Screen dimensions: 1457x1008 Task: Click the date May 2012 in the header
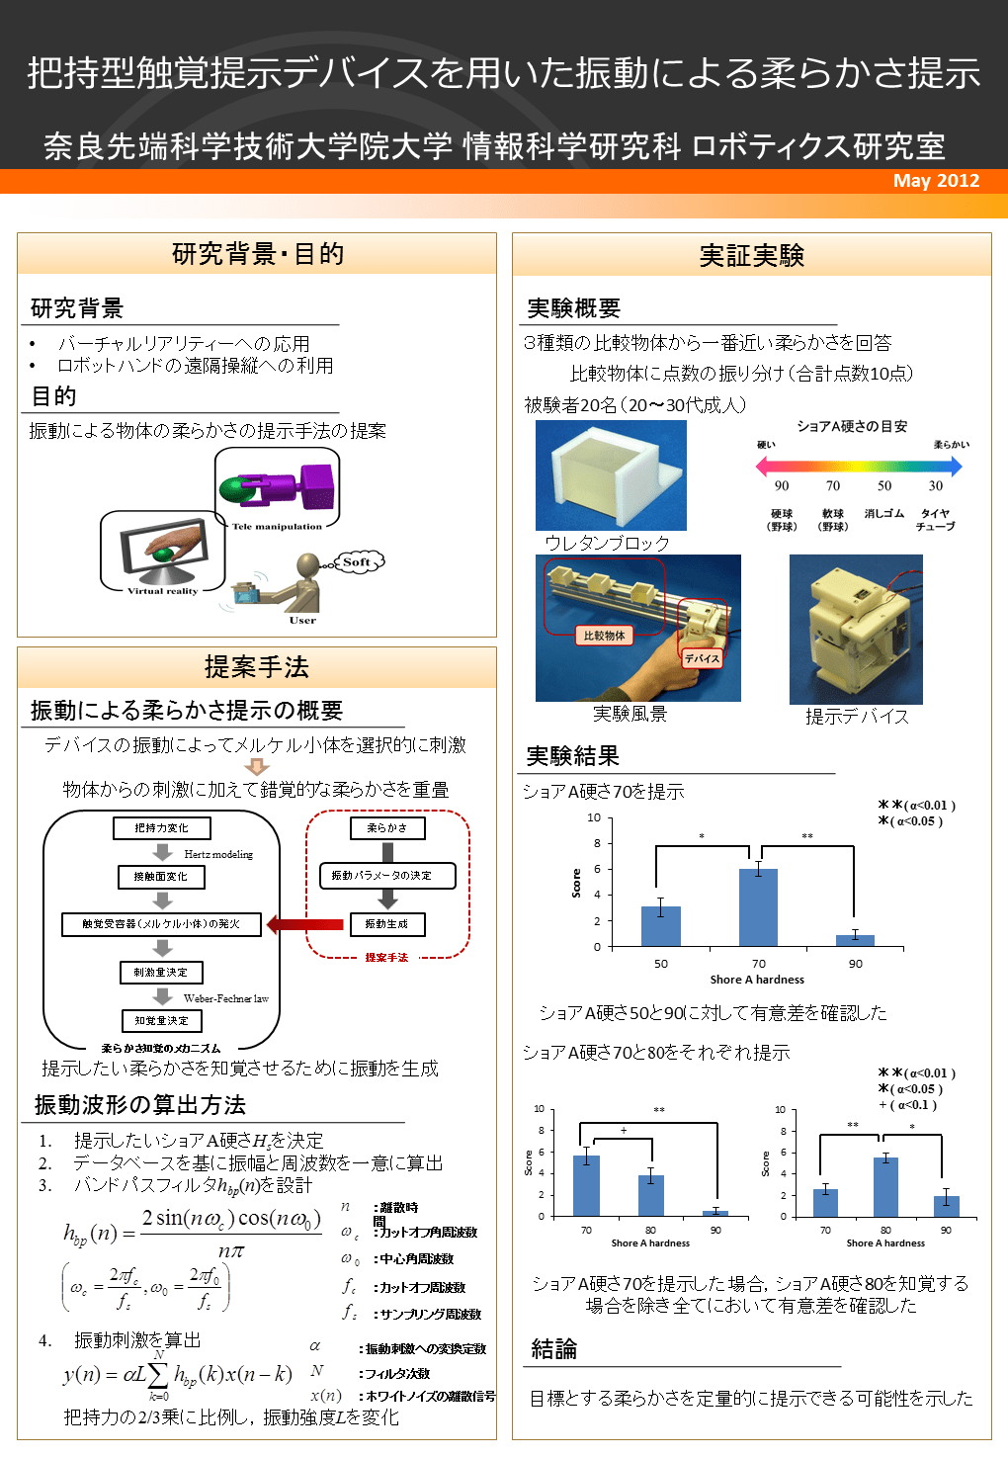(x=935, y=181)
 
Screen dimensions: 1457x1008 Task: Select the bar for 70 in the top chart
(x=758, y=907)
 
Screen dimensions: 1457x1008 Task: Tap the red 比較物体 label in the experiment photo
(x=604, y=636)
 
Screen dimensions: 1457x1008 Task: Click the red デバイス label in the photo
(x=702, y=658)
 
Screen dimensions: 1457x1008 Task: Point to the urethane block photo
(x=611, y=475)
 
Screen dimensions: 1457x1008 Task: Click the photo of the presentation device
(x=856, y=629)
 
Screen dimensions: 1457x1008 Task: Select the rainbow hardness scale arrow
(x=858, y=465)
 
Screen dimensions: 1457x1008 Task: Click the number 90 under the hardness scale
(x=782, y=485)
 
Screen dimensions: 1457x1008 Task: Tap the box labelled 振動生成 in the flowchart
(x=386, y=924)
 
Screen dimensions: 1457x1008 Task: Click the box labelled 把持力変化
(x=161, y=828)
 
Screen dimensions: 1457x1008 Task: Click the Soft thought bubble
(x=358, y=561)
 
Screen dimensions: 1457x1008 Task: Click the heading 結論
(x=554, y=1349)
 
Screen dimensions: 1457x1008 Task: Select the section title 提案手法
(x=257, y=667)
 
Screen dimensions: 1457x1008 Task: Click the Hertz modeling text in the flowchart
(x=218, y=854)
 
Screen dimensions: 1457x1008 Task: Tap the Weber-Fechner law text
(x=225, y=998)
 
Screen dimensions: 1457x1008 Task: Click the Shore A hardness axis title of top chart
(x=757, y=980)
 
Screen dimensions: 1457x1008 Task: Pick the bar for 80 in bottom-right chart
(x=885, y=1186)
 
